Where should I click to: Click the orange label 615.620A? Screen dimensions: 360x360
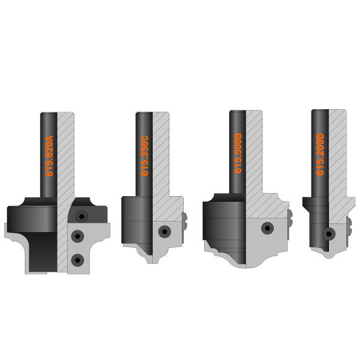click(x=49, y=156)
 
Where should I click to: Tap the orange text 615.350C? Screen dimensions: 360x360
click(x=145, y=156)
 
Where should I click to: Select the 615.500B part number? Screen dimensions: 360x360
click(x=238, y=153)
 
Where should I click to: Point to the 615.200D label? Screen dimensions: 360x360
click(x=320, y=155)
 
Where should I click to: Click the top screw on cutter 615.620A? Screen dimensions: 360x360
click(x=82, y=216)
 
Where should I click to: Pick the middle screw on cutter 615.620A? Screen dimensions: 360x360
click(x=78, y=236)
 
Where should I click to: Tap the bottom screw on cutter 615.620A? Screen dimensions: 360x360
click(x=78, y=260)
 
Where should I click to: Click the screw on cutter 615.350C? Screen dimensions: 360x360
click(x=165, y=232)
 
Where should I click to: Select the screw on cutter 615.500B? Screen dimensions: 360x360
click(x=268, y=228)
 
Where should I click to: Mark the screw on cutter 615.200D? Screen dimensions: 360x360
click(x=329, y=234)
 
